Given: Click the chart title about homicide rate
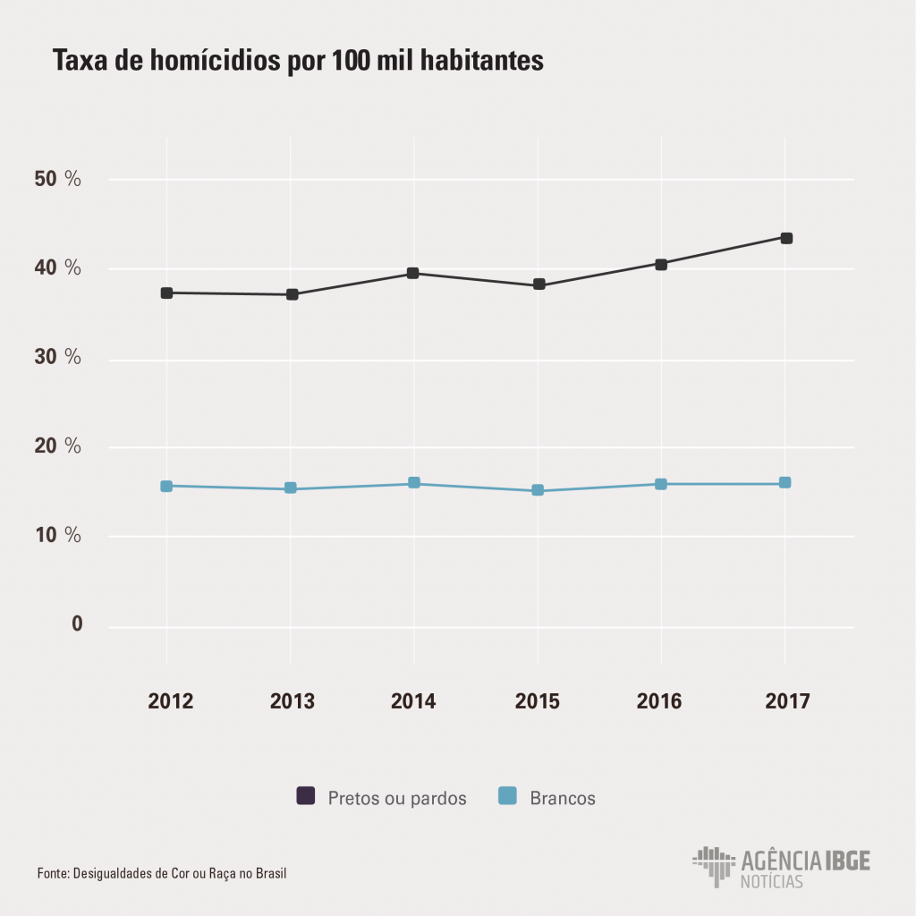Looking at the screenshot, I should [298, 61].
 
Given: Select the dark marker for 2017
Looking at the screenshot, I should [785, 238].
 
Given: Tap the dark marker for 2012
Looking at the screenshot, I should [166, 293].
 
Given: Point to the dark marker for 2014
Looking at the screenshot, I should [413, 273].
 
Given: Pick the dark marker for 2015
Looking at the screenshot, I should [539, 284].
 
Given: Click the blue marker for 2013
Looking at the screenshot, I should [291, 488].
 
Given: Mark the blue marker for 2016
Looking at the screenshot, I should [661, 484].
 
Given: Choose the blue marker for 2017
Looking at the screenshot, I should [785, 483].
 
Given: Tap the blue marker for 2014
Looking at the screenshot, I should [414, 483].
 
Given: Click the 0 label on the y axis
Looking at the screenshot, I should [77, 623].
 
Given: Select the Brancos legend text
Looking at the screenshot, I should [562, 798].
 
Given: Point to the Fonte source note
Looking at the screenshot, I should [162, 873].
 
